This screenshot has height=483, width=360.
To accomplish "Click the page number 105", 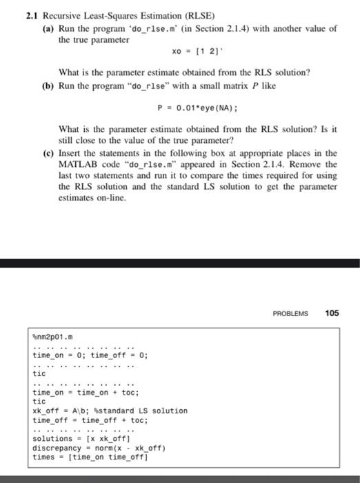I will click(332, 313).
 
